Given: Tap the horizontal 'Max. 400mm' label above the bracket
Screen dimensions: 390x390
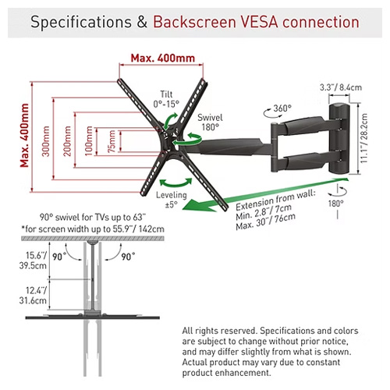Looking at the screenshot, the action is pos(163,58).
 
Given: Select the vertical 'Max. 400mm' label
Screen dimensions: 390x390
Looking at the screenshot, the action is pos(25,135).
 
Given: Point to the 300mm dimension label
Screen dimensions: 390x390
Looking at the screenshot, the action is pos(46,141).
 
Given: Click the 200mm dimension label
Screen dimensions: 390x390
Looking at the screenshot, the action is pos(67,141).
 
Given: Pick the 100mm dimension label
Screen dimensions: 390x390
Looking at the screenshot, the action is pos(89,140).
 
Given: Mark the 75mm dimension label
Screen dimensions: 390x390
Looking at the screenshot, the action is pos(112,141).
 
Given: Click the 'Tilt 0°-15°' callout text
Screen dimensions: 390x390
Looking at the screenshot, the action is pos(166,99).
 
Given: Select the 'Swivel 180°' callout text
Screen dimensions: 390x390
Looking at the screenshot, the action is pos(210,122).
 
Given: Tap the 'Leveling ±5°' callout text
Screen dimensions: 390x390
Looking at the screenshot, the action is pos(172,200).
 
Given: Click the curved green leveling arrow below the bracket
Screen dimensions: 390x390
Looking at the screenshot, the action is pos(175,184).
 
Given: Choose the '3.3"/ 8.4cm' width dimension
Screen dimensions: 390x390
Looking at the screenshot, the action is pos(341,87).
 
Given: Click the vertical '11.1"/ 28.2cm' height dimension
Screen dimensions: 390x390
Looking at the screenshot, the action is pos(363,138).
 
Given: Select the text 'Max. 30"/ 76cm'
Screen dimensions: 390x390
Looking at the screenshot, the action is pos(266,222).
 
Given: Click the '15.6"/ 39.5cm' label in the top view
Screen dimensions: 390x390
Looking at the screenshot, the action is pos(33,261).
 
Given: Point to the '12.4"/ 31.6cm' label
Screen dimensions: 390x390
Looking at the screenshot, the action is pos(33,295).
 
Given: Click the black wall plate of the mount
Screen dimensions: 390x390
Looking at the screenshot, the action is pos(339,139).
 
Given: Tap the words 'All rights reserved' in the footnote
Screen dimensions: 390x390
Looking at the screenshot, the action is pos(220,331).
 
